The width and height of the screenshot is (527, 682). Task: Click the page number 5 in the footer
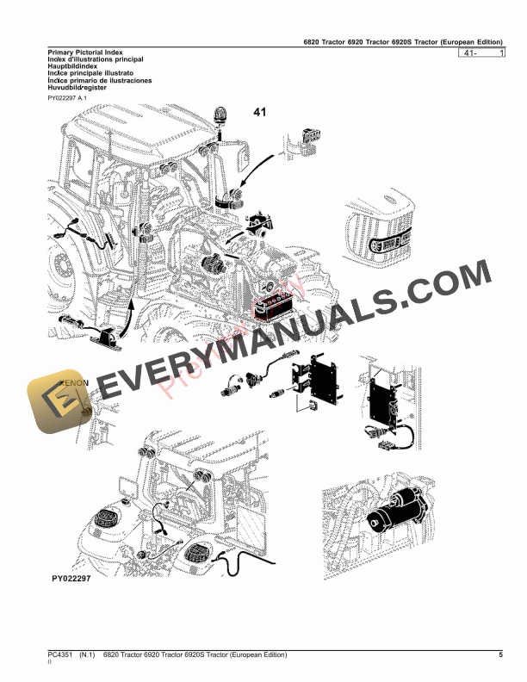(500, 656)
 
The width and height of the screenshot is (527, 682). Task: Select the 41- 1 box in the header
(482, 53)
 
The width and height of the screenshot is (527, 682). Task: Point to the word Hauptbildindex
(73, 67)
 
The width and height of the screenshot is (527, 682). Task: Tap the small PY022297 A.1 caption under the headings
(68, 98)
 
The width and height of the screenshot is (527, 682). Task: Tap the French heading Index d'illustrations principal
(96, 60)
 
